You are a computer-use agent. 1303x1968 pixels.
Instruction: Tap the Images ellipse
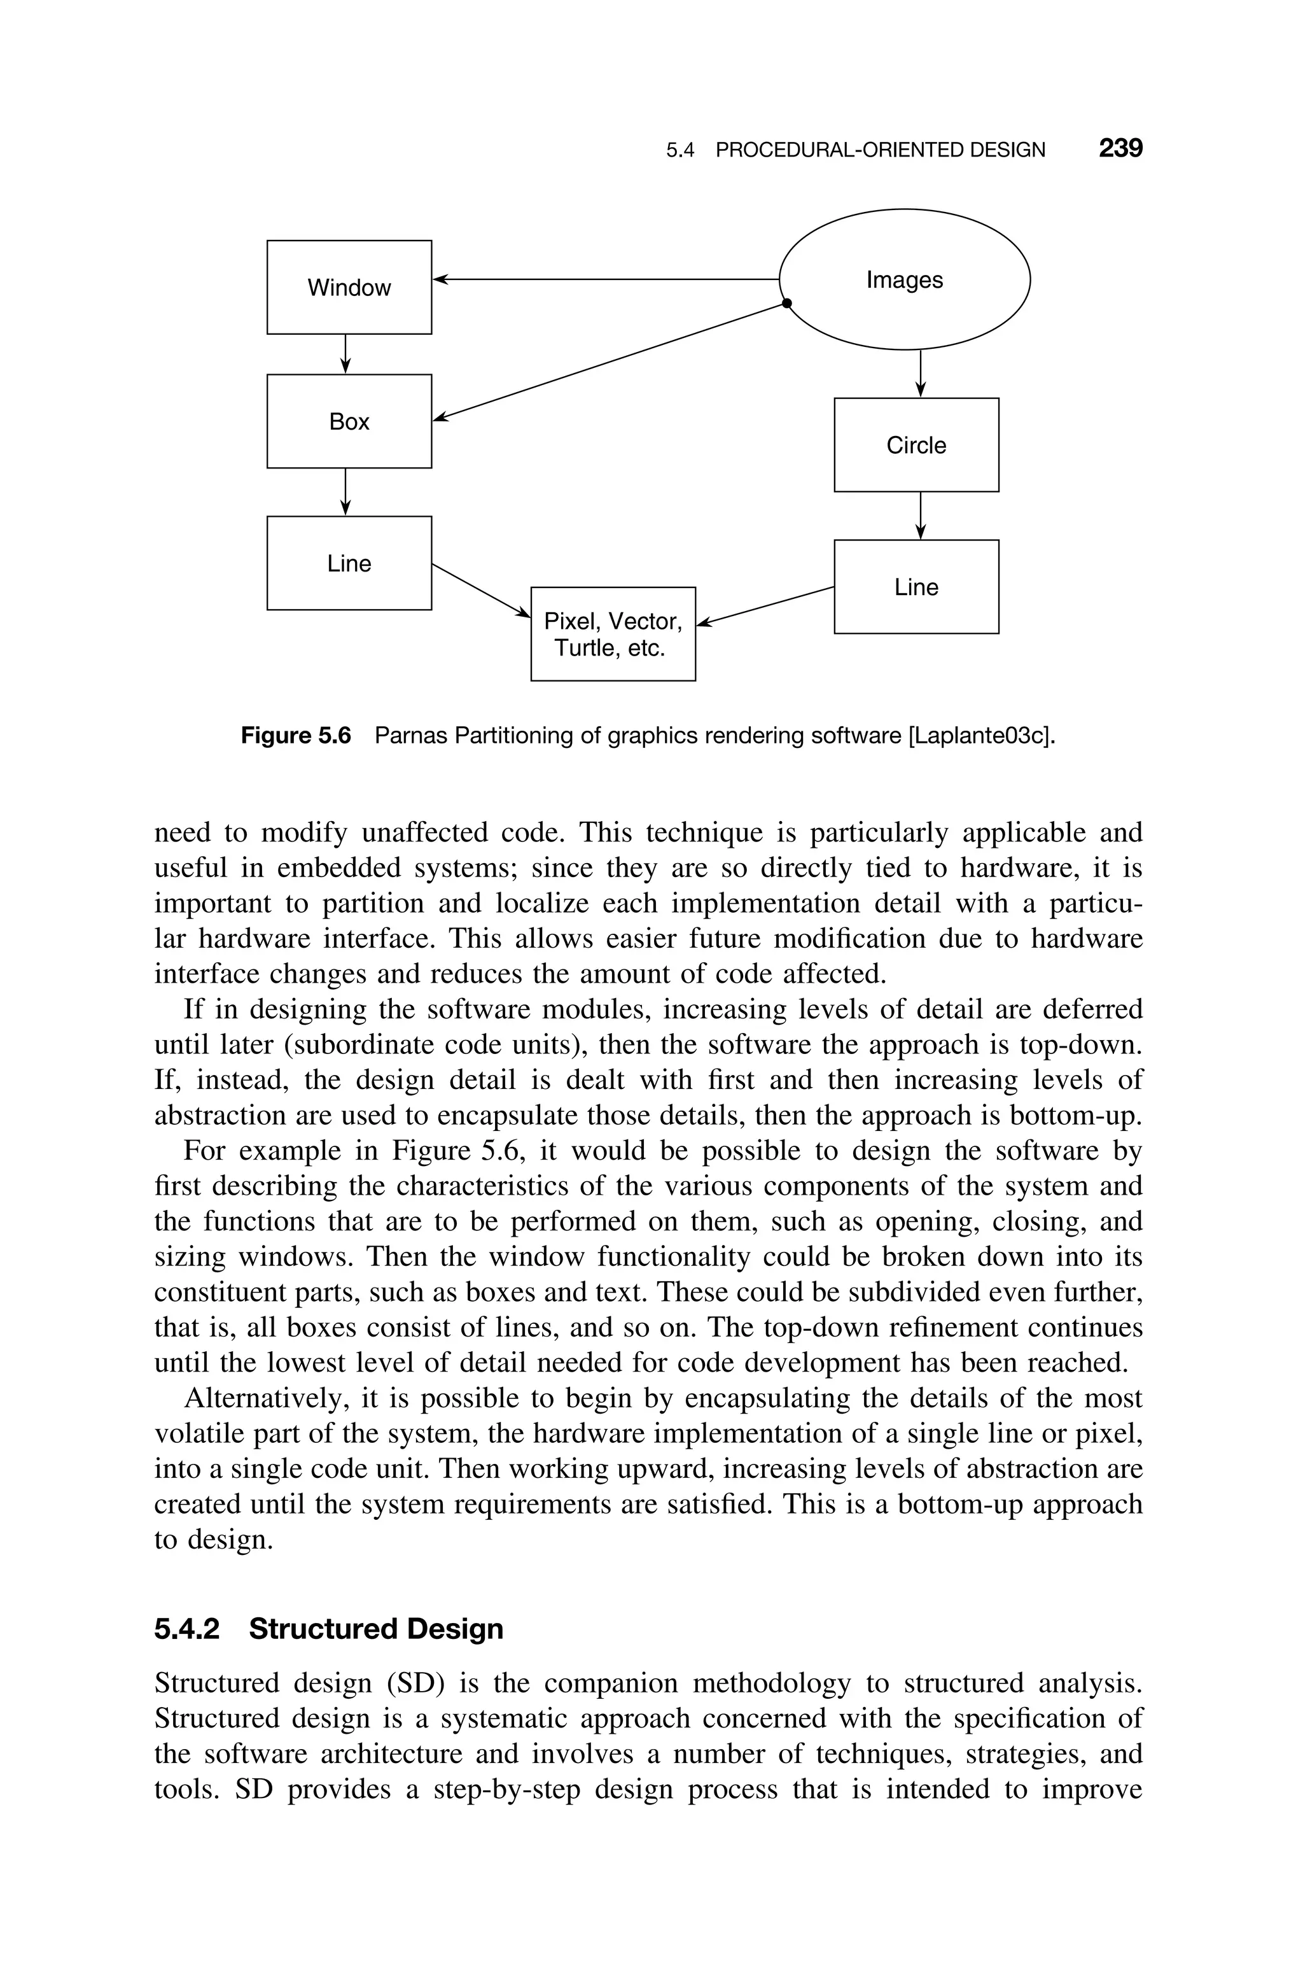904,279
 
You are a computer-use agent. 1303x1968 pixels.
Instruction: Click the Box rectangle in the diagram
349,421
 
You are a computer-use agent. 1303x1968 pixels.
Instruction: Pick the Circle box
916,446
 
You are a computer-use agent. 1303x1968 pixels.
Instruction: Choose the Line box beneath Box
349,563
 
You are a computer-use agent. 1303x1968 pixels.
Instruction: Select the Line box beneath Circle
916,587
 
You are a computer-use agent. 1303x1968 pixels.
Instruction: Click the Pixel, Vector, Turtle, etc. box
613,634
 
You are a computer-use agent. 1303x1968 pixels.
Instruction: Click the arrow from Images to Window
606,279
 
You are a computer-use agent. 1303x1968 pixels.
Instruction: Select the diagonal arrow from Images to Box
611,362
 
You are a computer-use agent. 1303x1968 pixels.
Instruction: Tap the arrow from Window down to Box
345,354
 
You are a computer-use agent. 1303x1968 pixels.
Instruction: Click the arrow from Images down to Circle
920,374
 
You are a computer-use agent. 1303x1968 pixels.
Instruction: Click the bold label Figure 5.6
296,736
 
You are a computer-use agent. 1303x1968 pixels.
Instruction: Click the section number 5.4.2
187,1629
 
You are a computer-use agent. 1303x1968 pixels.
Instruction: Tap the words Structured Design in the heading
375,1629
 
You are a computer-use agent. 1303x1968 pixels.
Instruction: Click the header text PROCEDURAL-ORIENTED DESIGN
880,150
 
